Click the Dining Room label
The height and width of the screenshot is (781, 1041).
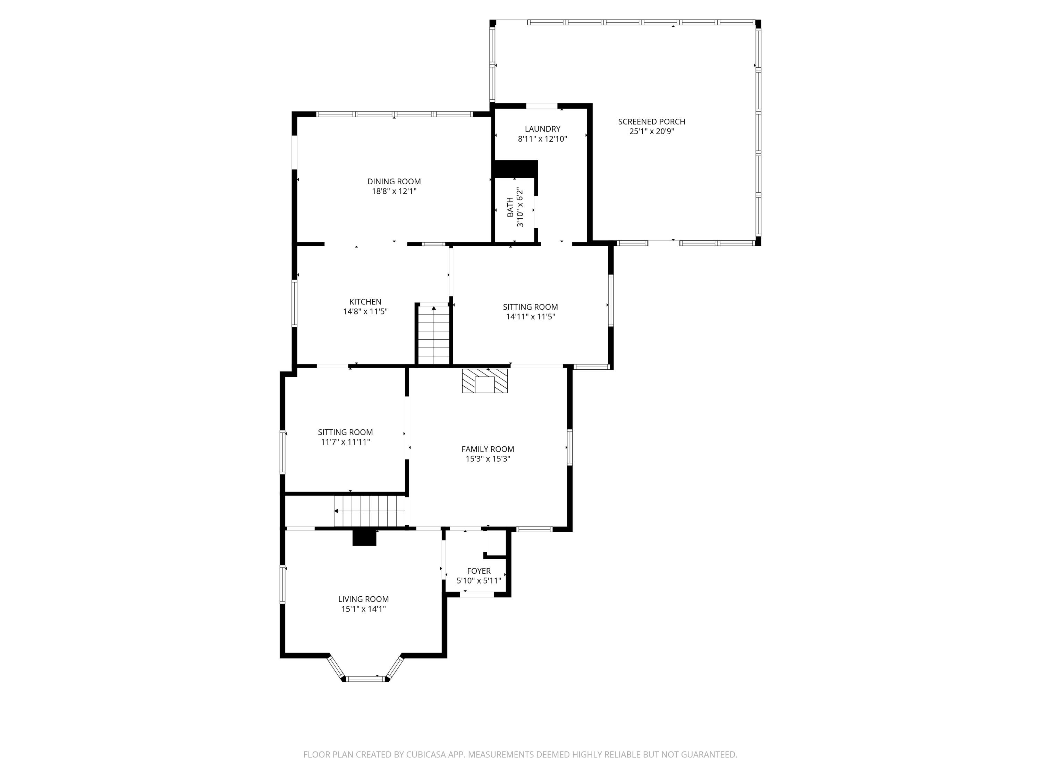coord(394,181)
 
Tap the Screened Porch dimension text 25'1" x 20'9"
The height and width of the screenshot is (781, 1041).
coord(651,131)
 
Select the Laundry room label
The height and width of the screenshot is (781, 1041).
coord(542,128)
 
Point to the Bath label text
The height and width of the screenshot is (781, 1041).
coord(510,207)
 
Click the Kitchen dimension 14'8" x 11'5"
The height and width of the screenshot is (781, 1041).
coord(365,311)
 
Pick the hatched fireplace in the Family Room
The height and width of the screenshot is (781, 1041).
coord(484,381)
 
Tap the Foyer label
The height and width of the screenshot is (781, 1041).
coord(479,571)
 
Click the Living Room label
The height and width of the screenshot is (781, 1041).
coord(363,599)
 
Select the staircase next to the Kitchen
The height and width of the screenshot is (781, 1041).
coord(433,335)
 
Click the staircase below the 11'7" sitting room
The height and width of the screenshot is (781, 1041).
coord(370,511)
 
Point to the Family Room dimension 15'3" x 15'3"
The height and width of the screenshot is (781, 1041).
coord(488,459)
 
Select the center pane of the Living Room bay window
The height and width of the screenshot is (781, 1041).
coord(365,678)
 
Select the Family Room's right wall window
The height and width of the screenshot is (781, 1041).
coord(569,447)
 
